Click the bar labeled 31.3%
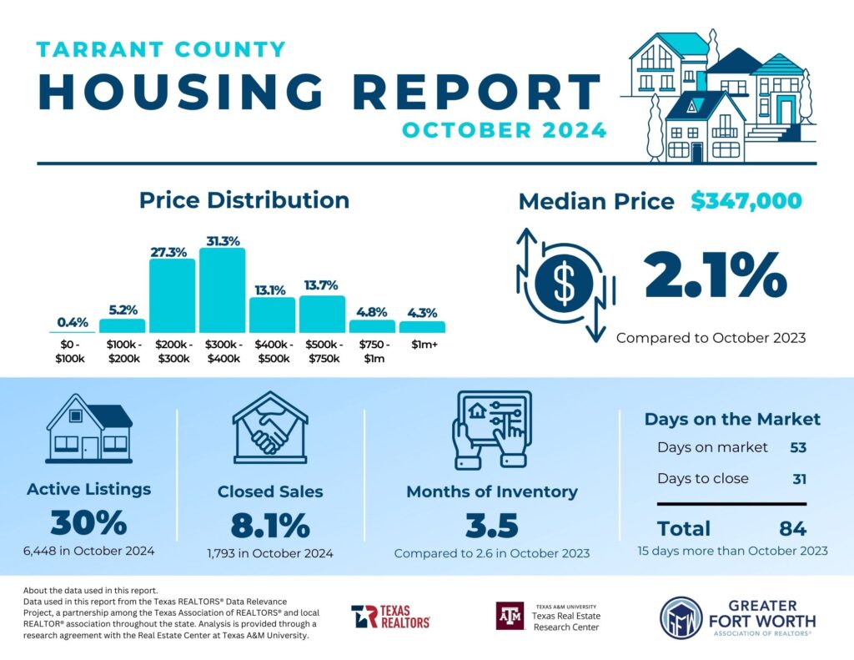pyautogui.click(x=222, y=290)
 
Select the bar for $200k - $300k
pyautogui.click(x=172, y=295)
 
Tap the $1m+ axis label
pyautogui.click(x=421, y=344)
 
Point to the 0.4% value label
pyautogui.click(x=73, y=322)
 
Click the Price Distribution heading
pyautogui.click(x=244, y=200)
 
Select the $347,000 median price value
pyautogui.click(x=746, y=201)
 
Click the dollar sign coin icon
pyautogui.click(x=565, y=284)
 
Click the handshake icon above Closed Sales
pyautogui.click(x=269, y=429)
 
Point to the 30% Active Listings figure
pyautogui.click(x=88, y=523)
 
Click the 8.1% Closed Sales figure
pyautogui.click(x=269, y=526)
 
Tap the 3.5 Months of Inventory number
pyautogui.click(x=491, y=526)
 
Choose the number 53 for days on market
pyautogui.click(x=798, y=447)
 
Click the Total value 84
pyautogui.click(x=793, y=528)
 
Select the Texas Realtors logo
pyautogui.click(x=390, y=617)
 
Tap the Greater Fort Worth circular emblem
pyautogui.click(x=681, y=617)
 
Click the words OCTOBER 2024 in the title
pyautogui.click(x=504, y=131)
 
